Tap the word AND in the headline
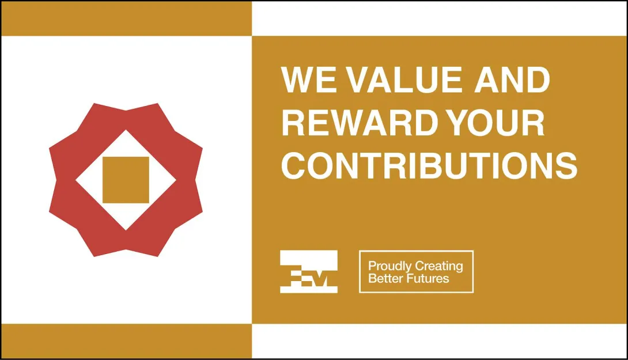click(513, 79)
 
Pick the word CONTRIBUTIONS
click(429, 165)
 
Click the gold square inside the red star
click(126, 180)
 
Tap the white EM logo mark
click(309, 271)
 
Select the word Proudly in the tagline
click(389, 266)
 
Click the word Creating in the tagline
click(439, 266)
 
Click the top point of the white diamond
click(126, 130)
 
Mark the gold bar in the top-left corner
click(127, 18)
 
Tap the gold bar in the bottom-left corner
click(127, 341)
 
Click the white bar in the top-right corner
click(439, 18)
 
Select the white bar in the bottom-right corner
click(439, 341)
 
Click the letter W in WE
click(298, 79)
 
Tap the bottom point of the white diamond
click(126, 230)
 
